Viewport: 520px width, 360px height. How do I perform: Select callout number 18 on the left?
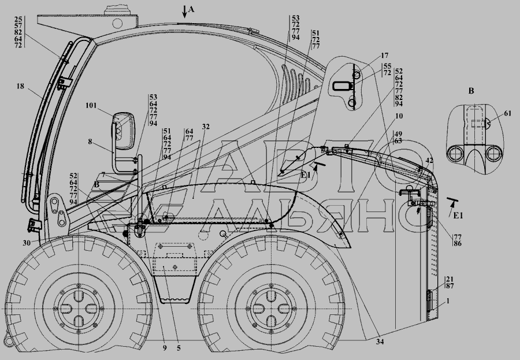[x=21, y=86]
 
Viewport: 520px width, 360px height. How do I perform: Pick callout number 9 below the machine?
[x=164, y=348]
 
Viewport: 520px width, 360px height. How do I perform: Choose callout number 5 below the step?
[x=179, y=348]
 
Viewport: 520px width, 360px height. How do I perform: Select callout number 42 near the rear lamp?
[x=428, y=161]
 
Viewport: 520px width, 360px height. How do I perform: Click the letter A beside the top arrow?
[x=192, y=9]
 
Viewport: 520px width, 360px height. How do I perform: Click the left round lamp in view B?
[x=456, y=154]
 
